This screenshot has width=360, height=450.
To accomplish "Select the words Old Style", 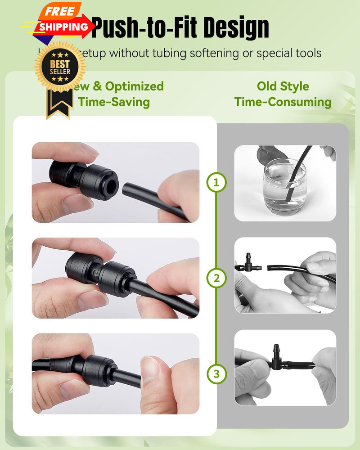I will [x=283, y=86].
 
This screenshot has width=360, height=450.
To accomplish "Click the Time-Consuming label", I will [x=283, y=102].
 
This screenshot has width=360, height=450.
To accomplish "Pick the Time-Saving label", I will [x=114, y=102].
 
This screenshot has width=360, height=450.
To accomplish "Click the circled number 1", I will [x=216, y=183].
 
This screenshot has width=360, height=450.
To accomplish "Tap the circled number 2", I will [x=216, y=279].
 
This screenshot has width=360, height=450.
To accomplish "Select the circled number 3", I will [x=216, y=373].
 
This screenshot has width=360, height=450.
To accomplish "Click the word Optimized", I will [x=134, y=86].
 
